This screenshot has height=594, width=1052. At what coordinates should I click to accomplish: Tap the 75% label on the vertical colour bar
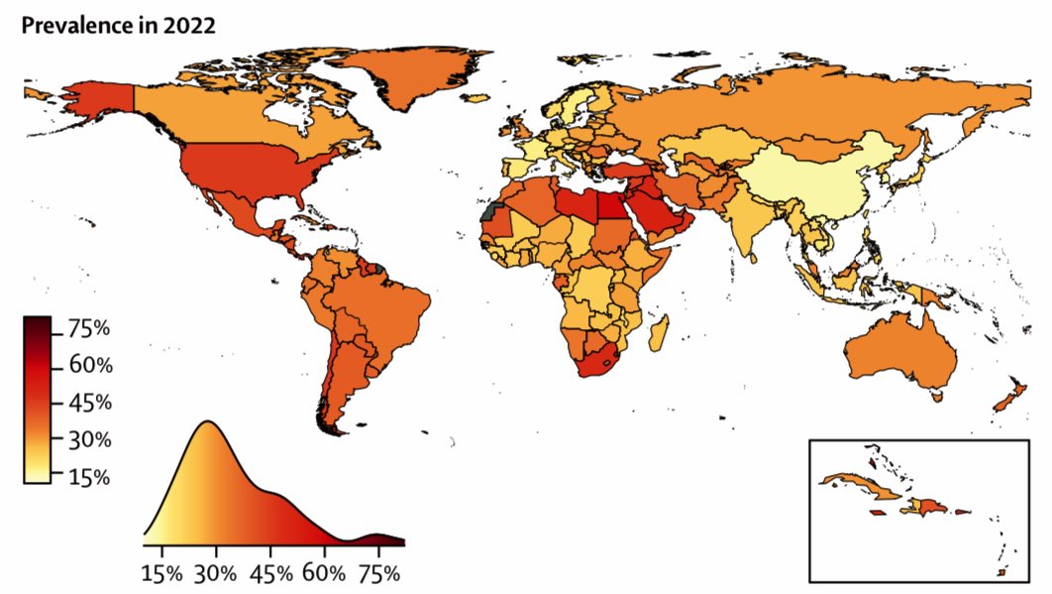90,329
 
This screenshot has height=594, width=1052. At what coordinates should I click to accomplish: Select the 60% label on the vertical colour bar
90,366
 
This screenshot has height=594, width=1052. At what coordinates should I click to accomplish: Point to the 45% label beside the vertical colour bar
90,404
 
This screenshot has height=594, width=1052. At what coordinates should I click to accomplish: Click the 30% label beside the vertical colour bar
90,439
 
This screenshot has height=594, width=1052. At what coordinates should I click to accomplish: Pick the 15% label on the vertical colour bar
90,477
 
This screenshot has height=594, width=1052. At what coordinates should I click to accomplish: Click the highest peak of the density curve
207,422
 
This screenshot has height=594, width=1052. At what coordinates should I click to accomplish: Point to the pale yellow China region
812,178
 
